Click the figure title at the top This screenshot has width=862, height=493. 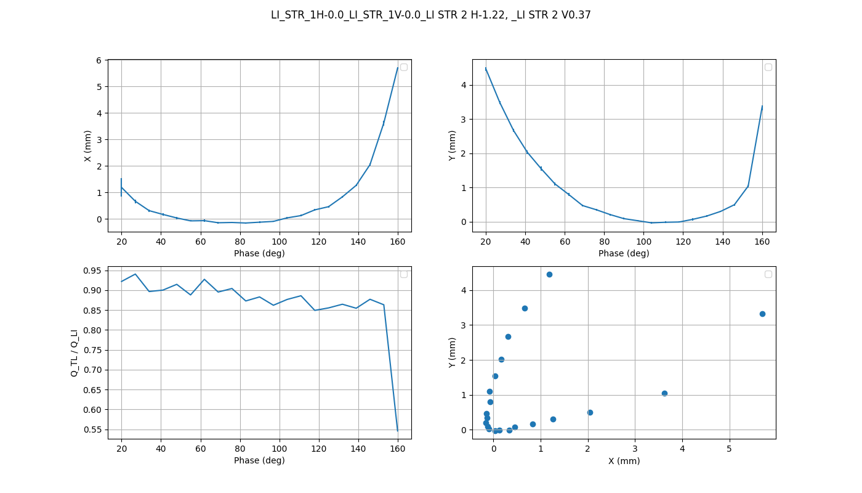[x=431, y=15]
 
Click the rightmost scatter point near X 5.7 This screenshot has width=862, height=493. [x=762, y=314]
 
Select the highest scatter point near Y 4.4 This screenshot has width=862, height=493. [x=549, y=274]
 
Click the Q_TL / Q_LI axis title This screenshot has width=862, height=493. [x=75, y=352]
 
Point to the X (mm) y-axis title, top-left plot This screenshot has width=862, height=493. [x=87, y=146]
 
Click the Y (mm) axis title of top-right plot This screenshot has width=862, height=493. [x=452, y=146]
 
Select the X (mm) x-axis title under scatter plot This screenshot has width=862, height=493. [x=624, y=461]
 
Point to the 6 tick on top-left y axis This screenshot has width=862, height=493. [x=99, y=60]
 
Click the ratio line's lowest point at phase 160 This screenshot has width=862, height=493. [x=398, y=430]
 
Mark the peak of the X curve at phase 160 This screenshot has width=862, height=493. [x=398, y=68]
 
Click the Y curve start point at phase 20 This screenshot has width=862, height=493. [x=486, y=69]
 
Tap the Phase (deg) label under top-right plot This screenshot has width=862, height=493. [x=624, y=253]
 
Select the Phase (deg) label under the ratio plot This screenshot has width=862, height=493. [x=259, y=460]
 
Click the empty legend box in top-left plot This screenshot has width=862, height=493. [x=404, y=67]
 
